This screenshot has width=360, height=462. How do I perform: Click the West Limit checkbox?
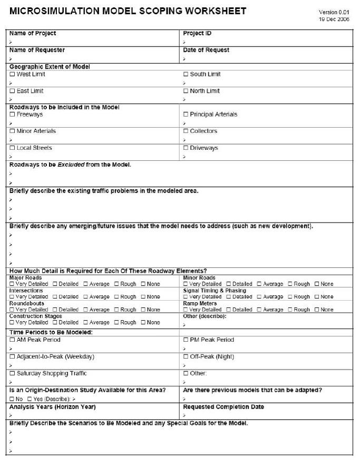pyautogui.click(x=12, y=74)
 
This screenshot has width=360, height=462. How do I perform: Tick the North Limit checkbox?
pyautogui.click(x=186, y=91)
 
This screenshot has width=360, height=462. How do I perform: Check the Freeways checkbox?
pyautogui.click(x=12, y=114)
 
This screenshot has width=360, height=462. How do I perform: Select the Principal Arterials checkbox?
pyautogui.click(x=186, y=114)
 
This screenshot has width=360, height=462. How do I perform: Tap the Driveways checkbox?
pyautogui.click(x=186, y=148)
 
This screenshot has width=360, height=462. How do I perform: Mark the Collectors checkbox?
pyautogui.click(x=186, y=131)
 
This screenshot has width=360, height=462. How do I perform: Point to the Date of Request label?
pyautogui.click(x=206, y=50)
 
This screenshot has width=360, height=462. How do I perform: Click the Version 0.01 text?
pyautogui.click(x=334, y=12)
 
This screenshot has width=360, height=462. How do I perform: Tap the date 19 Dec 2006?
pyautogui.click(x=334, y=19)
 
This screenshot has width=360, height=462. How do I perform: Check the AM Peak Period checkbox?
pyautogui.click(x=12, y=340)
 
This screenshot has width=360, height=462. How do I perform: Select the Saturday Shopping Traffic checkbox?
pyautogui.click(x=12, y=374)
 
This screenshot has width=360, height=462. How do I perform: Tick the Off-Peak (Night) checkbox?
pyautogui.click(x=186, y=357)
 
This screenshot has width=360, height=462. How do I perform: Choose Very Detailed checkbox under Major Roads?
pyautogui.click(x=12, y=284)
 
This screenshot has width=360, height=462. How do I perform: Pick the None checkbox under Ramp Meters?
pyautogui.click(x=316, y=310)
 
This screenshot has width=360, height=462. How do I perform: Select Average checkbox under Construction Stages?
pyautogui.click(x=85, y=323)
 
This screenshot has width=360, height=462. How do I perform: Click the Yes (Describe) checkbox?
pyautogui.click(x=30, y=399)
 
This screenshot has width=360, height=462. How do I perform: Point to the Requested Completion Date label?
pyautogui.click(x=223, y=407)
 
